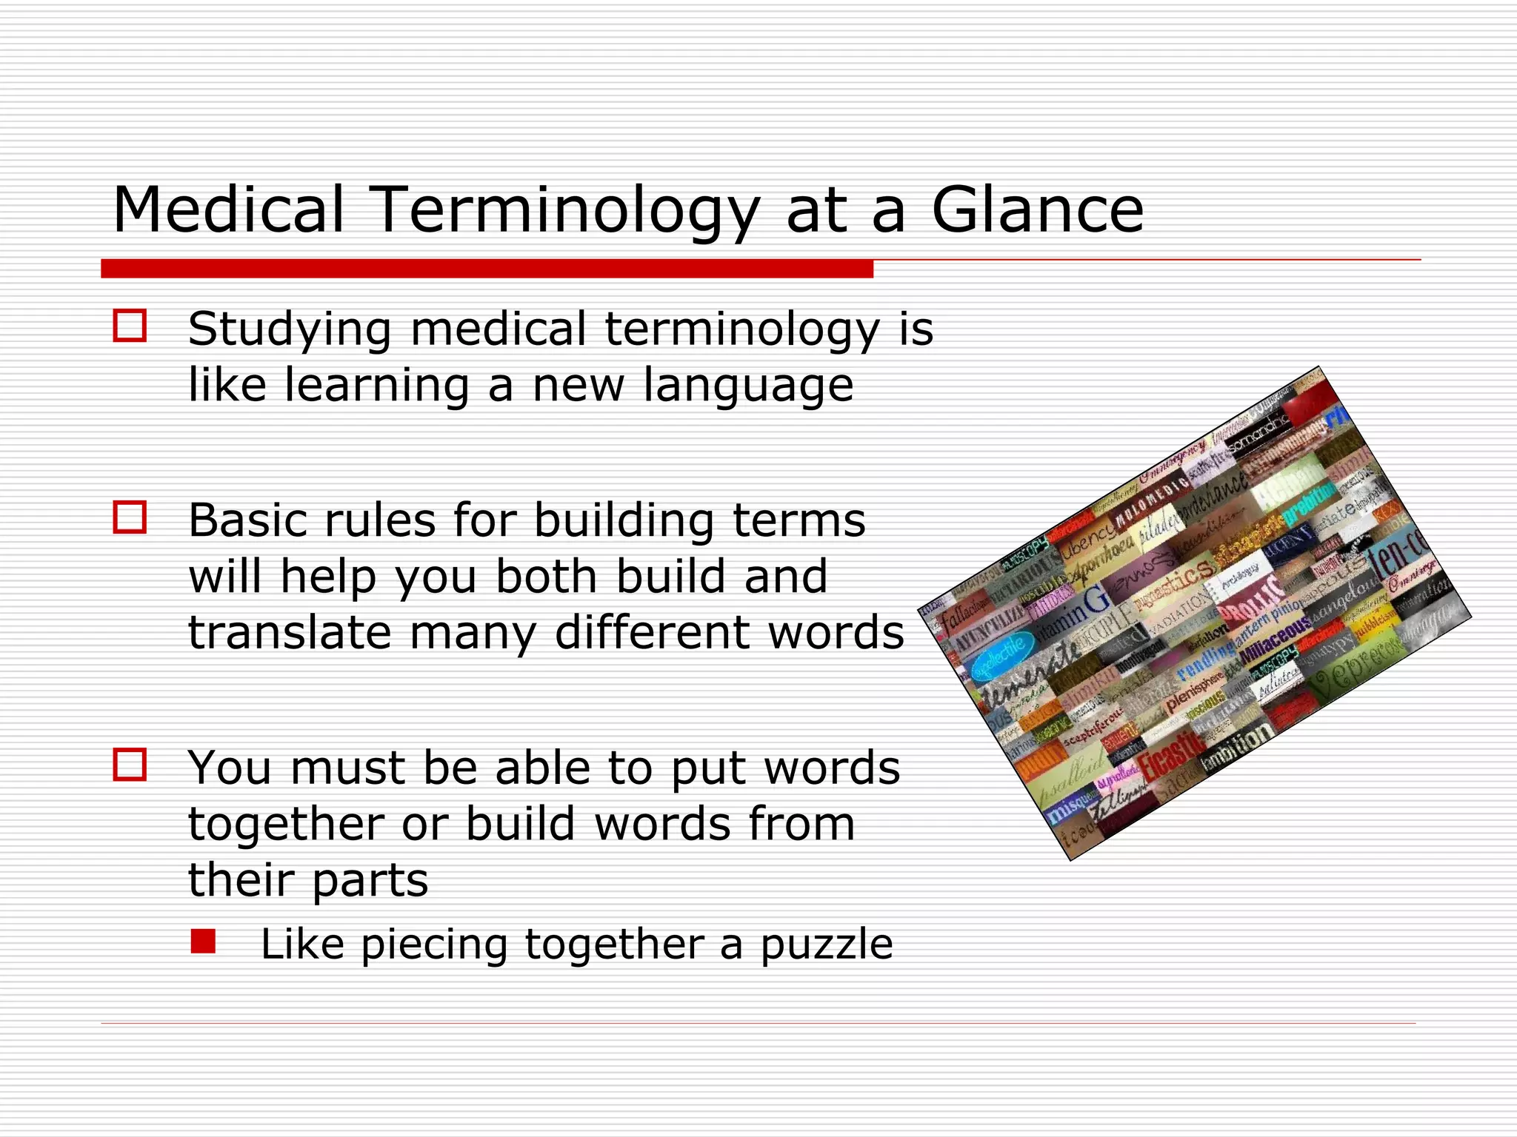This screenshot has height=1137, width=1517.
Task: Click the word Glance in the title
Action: (1037, 210)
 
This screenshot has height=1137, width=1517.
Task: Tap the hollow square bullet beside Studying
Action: (130, 326)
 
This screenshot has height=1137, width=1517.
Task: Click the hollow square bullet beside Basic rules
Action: (130, 517)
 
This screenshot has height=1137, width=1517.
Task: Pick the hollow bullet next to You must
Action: (130, 765)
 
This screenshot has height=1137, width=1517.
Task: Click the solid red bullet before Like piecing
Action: (202, 942)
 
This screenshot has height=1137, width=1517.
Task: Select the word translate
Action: (290, 633)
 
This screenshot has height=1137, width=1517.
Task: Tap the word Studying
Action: (290, 329)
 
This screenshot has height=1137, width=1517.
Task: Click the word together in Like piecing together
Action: (614, 945)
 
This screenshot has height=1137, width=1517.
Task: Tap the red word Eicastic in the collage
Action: (1170, 755)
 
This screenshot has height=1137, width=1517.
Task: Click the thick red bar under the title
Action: (487, 269)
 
